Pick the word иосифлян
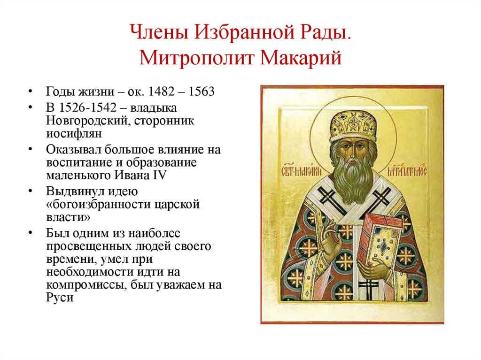(71, 133)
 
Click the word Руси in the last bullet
(60, 298)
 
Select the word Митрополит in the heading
(196, 59)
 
